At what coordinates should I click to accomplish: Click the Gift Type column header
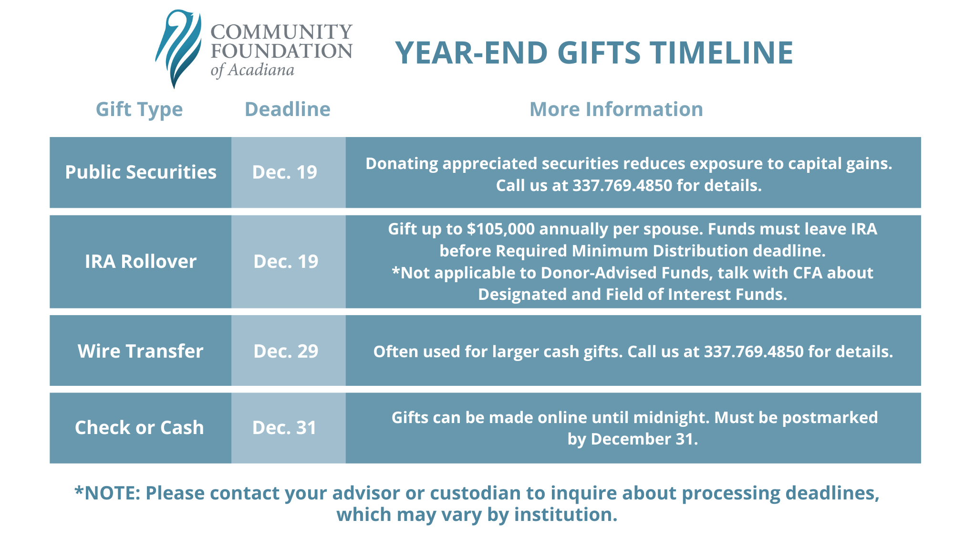pos(139,109)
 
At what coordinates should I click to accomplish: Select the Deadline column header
pos(288,109)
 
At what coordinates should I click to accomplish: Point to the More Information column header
pos(616,109)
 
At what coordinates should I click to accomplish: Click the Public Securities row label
pos(141,172)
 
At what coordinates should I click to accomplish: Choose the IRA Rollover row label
pos(141,262)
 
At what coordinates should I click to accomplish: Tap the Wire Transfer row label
pos(141,351)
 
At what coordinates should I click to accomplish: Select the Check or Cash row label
pos(139,428)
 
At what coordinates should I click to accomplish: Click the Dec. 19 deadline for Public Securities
pos(285,172)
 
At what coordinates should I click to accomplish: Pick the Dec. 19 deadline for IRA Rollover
pos(286,262)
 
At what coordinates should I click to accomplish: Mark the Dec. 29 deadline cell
pos(286,351)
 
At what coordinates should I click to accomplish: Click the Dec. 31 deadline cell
pos(284,428)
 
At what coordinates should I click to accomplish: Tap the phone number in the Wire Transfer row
pos(754,352)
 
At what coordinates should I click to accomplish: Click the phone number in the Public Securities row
pos(622,185)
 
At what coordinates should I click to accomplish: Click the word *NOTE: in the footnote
pos(107,493)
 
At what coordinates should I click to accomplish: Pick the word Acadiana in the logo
pos(261,70)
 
